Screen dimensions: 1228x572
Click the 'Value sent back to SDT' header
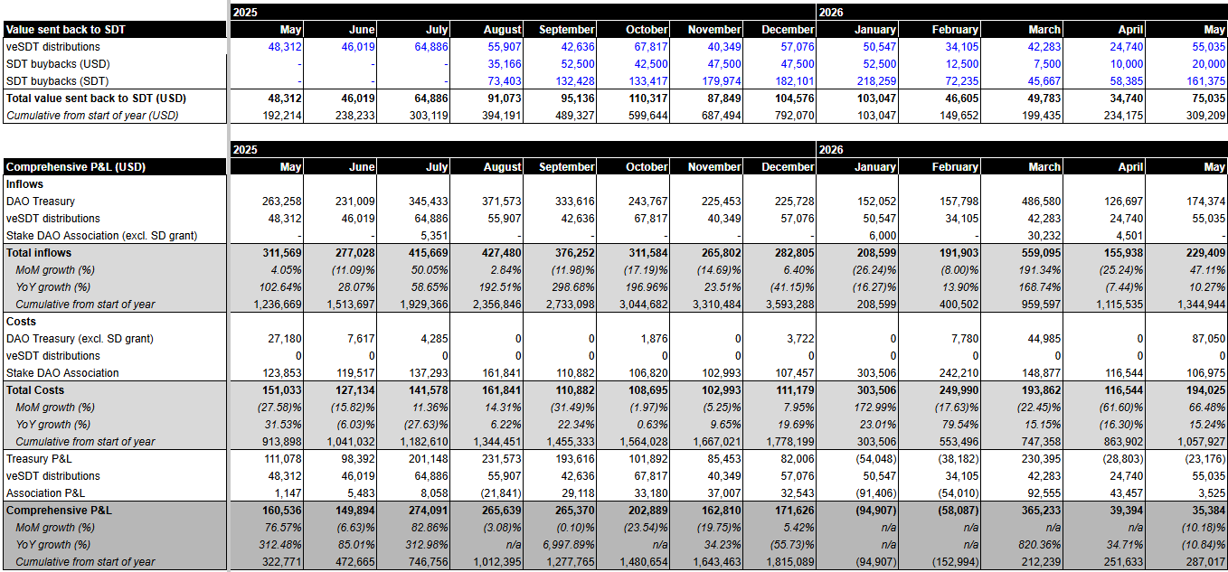click(x=66, y=30)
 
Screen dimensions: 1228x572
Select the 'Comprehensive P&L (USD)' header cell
click(x=76, y=167)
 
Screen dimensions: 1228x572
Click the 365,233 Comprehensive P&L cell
click(x=1041, y=510)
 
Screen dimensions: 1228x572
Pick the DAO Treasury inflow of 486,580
click(x=1041, y=202)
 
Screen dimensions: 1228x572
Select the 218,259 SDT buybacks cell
click(x=876, y=81)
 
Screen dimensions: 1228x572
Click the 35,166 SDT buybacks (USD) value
click(x=505, y=64)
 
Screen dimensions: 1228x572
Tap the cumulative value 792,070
click(x=794, y=116)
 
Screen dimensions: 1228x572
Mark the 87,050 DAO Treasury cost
click(x=1208, y=339)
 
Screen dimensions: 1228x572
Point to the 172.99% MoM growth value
click(x=875, y=408)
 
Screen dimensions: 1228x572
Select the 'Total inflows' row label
click(x=38, y=253)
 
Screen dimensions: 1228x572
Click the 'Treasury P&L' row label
click(x=39, y=459)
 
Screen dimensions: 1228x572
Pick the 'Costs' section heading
click(x=21, y=322)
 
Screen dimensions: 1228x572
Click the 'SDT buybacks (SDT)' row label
click(x=57, y=81)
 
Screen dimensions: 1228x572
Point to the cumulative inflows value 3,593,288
click(x=790, y=305)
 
